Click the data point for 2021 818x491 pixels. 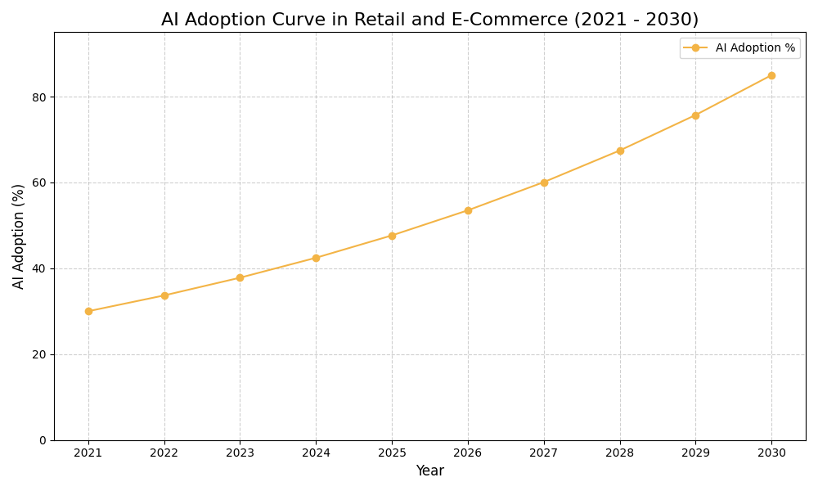pos(88,311)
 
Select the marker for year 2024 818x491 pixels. pos(316,258)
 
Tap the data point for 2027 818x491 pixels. pos(544,182)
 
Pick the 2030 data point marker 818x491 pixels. pos(771,75)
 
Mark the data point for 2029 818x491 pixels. pos(695,115)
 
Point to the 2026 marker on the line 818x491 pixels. pos(468,210)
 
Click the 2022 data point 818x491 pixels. pos(164,295)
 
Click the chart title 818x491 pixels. pos(429,20)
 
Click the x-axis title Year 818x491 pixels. pos(429,471)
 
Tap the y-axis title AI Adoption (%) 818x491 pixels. pos(19,236)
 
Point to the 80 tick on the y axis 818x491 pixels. pos(39,97)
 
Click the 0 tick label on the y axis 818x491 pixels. pos(43,440)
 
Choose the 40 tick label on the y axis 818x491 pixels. pos(39,268)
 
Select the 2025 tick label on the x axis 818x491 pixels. pos(392,453)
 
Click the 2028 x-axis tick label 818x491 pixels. pos(619,453)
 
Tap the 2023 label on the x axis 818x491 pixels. pos(240,453)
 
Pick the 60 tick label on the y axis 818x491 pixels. pos(39,182)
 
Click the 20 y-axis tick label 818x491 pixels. pos(39,354)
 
